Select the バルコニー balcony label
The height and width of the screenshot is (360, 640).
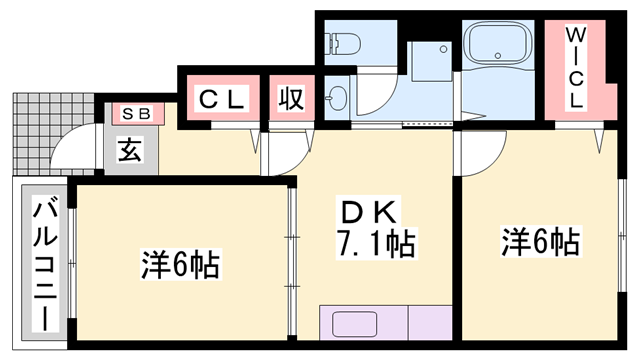[44, 264]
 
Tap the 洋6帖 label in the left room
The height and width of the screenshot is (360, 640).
[179, 266]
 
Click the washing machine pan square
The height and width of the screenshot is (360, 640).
[431, 61]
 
